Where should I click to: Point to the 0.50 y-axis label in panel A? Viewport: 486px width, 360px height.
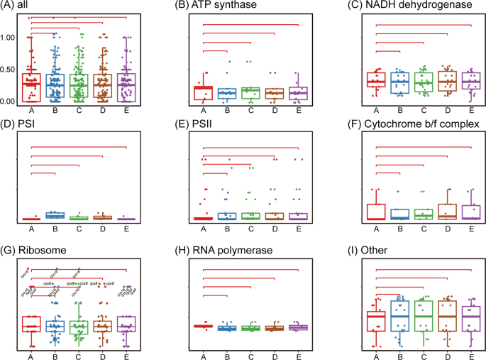[11, 69]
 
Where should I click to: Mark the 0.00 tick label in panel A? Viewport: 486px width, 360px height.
[11, 101]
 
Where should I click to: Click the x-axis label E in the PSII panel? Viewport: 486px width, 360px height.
[299, 228]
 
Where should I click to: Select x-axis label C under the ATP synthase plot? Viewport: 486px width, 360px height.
[250, 110]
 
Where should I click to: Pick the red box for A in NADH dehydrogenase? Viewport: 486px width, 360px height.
[375, 80]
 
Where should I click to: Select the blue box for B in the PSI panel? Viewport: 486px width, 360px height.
[55, 215]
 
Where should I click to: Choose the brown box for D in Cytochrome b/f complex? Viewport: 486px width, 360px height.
[447, 211]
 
